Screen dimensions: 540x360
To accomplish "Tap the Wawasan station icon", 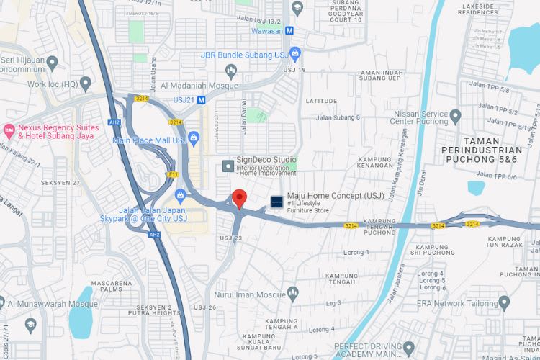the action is click(289, 31).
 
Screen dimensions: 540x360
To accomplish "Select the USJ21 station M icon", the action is click(201, 100).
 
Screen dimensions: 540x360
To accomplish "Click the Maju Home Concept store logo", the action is click(276, 202).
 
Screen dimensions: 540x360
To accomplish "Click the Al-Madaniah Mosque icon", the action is click(231, 71).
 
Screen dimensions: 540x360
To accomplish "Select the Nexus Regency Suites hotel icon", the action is click(9, 130).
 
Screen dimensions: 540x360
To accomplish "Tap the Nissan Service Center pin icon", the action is click(455, 115).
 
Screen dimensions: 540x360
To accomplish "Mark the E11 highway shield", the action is click(173, 174).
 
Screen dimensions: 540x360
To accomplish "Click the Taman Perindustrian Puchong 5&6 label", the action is click(490, 149).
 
